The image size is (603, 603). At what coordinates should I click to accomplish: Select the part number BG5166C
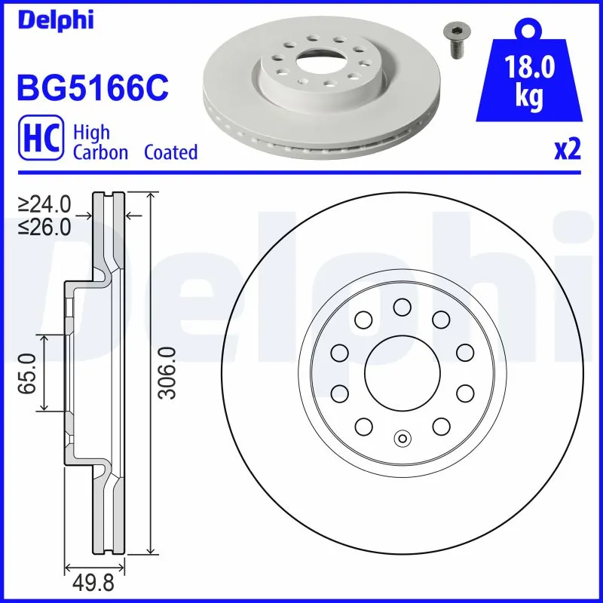click(x=90, y=87)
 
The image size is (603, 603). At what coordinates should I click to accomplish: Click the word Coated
click(x=170, y=152)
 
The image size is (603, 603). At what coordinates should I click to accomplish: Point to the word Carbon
click(x=102, y=152)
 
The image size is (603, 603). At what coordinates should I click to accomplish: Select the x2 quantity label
click(x=567, y=150)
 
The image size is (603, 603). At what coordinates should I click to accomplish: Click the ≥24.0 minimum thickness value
click(x=45, y=204)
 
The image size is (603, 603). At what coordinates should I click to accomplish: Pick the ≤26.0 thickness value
click(x=45, y=226)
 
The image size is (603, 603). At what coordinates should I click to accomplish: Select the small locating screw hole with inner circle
click(x=401, y=438)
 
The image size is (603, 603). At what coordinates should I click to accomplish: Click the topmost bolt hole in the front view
click(x=401, y=306)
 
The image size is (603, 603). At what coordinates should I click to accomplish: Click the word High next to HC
click(x=91, y=133)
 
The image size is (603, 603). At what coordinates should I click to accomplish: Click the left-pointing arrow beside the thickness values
click(x=134, y=216)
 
